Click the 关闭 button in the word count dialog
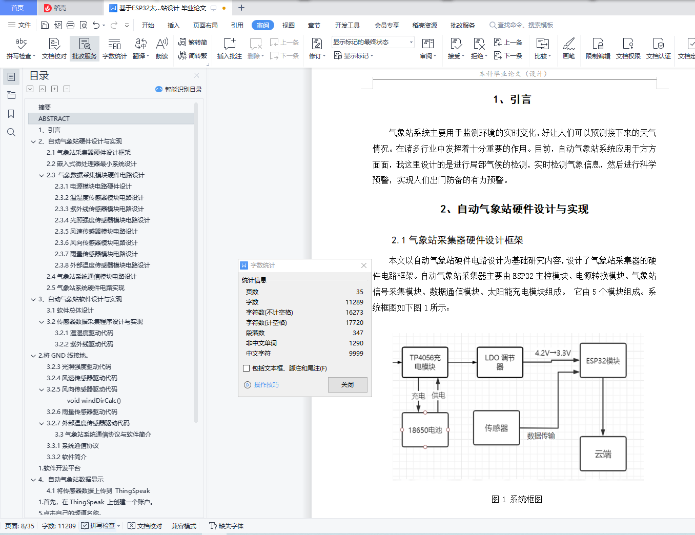(347, 384)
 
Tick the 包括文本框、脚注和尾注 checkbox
(246, 368)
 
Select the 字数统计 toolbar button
(114, 48)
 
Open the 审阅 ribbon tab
(262, 25)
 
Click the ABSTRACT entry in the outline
(54, 119)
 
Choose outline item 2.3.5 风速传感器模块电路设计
(96, 231)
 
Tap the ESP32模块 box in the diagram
(603, 360)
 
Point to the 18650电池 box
(425, 430)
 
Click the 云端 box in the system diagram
(603, 454)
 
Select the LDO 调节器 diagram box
(500, 362)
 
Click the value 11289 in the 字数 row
(354, 302)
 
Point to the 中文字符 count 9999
(356, 354)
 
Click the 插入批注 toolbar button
(229, 48)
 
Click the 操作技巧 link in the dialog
(266, 385)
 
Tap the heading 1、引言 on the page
(512, 99)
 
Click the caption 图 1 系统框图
(517, 499)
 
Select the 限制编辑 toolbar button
(598, 48)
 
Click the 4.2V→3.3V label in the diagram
(553, 353)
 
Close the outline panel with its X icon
(196, 75)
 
